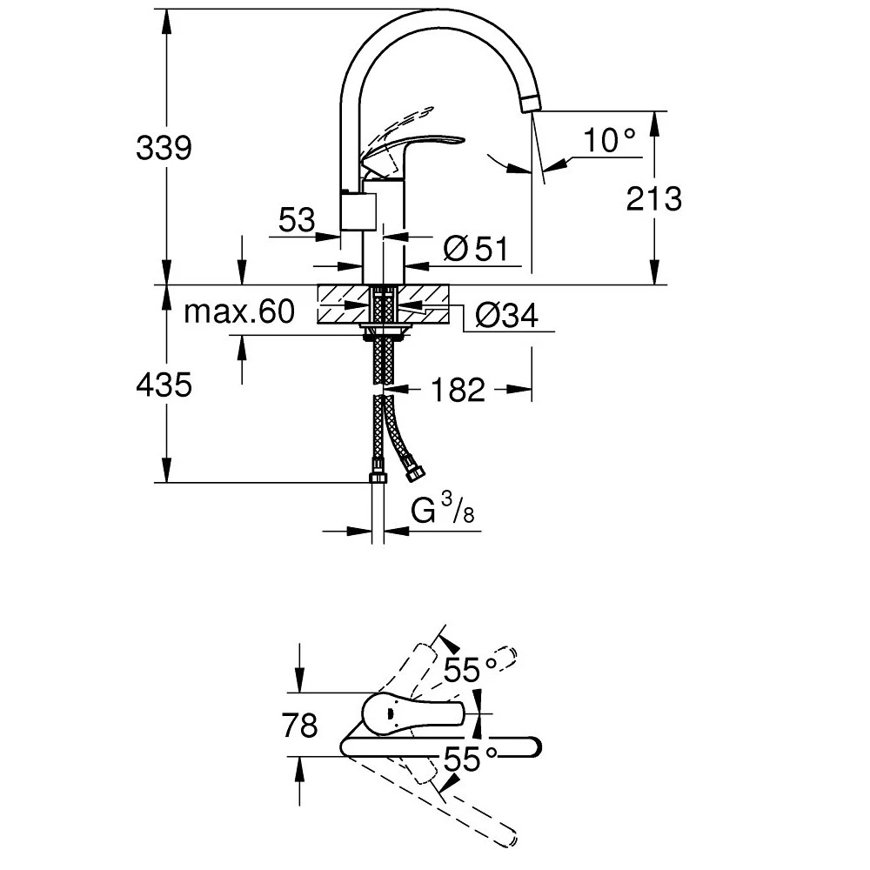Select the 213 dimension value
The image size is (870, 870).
coord(652,199)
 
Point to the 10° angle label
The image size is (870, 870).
coord(609,140)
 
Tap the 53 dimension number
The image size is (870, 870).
coord(297,221)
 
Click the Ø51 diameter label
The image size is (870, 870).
coord(474,250)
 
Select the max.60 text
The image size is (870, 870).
coord(239,312)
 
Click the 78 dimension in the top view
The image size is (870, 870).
coord(301,725)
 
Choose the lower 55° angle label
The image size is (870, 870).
coord(470,760)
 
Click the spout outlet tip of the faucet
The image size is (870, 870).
coord(529,104)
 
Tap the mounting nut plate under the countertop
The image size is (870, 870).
coord(384,329)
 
